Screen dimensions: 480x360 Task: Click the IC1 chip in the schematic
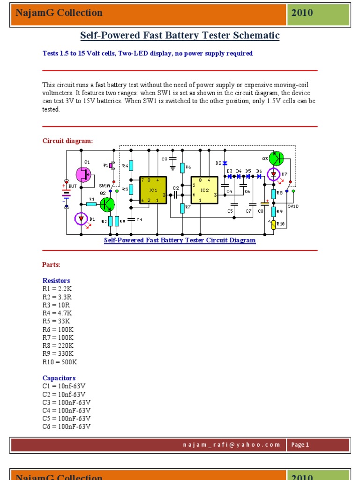pos(153,190)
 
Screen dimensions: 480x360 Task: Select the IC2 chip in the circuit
pos(204,190)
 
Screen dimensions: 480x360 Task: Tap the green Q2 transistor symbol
pos(107,204)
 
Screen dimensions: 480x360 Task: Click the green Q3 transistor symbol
pos(277,158)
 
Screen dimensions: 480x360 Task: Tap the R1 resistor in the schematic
pos(92,204)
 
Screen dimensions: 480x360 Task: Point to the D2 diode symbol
pos(225,163)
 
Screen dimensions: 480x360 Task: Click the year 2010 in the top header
pos(302,13)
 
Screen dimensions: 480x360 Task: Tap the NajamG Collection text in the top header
pos(59,13)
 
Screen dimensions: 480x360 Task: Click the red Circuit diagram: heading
pos(67,141)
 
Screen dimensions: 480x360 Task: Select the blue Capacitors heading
pos(59,378)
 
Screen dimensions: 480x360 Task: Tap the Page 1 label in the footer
pos(300,445)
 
